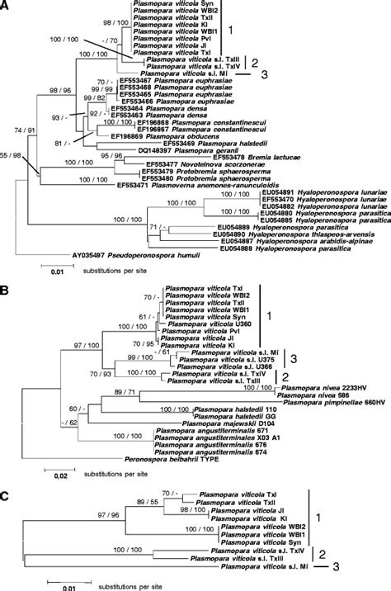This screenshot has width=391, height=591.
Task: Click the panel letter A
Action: pyautogui.click(x=5, y=6)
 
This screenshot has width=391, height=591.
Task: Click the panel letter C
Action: pyautogui.click(x=5, y=475)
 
